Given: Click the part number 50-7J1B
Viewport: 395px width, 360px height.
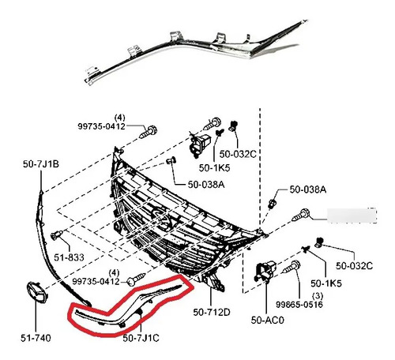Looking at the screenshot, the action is (41, 164).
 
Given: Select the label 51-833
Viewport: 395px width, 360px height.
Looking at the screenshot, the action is (69, 257).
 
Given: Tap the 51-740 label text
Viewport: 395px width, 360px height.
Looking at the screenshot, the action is (36, 338).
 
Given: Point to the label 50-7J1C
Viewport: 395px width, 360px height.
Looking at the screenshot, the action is (141, 338).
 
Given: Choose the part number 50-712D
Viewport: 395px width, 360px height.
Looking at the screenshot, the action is (212, 313).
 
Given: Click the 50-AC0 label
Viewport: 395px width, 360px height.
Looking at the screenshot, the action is (268, 321).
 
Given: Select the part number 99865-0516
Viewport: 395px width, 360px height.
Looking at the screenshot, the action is (299, 305).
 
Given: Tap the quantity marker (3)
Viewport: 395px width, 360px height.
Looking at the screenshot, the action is (318, 296).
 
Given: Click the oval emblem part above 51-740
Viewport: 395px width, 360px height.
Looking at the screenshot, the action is (37, 292).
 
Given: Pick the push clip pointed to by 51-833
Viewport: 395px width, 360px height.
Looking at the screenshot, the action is (57, 235).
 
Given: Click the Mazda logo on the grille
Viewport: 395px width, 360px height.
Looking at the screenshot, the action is (161, 218).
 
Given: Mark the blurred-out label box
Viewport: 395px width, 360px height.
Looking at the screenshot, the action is (352, 216).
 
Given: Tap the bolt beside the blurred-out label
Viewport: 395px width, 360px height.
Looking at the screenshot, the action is (300, 215).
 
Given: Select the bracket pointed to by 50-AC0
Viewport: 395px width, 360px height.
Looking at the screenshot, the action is (265, 272).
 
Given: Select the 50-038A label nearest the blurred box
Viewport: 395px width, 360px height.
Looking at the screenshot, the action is (308, 189).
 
